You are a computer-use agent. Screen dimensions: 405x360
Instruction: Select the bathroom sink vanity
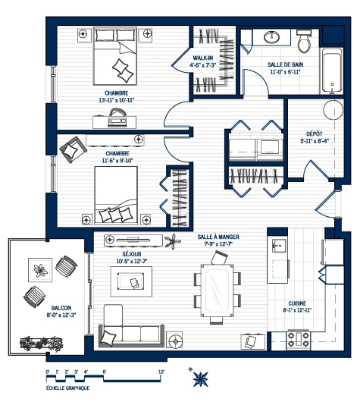[x=271, y=38]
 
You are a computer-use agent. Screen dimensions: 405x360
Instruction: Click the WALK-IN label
[x=202, y=58]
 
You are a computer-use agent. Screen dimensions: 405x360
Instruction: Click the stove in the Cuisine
[x=296, y=339]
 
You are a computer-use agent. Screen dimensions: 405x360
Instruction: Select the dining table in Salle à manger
[x=217, y=290]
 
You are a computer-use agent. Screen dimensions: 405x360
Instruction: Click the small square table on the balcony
[x=39, y=268]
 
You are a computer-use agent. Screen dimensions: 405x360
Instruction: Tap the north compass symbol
[x=201, y=376]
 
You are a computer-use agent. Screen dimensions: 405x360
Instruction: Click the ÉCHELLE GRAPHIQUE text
[x=67, y=388]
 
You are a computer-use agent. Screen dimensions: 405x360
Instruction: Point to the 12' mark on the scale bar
[x=161, y=372]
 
